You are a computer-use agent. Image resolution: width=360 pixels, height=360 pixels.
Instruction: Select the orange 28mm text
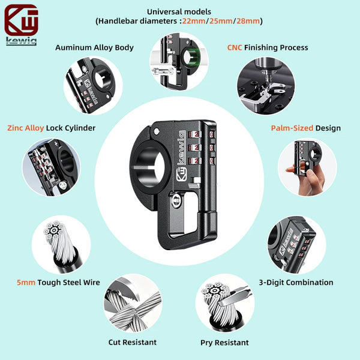click(248, 21)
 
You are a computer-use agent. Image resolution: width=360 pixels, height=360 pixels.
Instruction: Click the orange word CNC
click(235, 47)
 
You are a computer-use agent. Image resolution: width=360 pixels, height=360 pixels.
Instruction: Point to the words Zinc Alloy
click(25, 128)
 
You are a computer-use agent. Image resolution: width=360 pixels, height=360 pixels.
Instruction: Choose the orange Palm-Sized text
click(292, 128)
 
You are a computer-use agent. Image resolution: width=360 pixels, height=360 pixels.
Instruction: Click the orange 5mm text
click(26, 283)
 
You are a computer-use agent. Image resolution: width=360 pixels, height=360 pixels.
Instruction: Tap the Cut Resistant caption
click(133, 343)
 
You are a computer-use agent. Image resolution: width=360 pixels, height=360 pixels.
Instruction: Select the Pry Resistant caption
click(224, 343)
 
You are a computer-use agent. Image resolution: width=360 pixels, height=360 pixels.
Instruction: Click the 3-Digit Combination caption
click(296, 283)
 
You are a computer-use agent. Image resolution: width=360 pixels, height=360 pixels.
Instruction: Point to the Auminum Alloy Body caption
click(94, 47)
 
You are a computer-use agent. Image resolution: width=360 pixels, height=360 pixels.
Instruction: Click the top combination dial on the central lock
click(195, 134)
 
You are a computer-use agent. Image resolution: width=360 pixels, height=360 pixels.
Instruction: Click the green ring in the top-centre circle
click(192, 56)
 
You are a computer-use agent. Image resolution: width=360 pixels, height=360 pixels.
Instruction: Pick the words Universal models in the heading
click(179, 12)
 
